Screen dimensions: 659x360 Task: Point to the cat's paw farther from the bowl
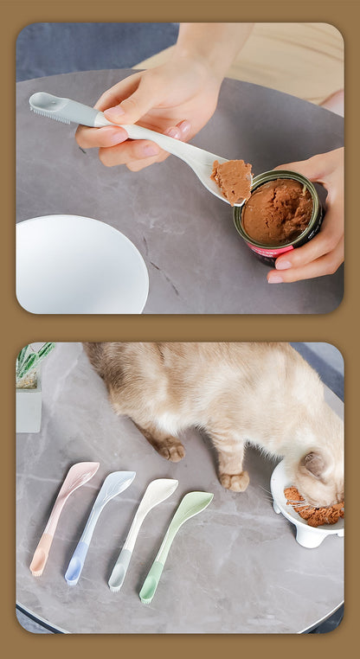pyautogui.click(x=170, y=450)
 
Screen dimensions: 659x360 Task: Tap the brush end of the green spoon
pyautogui.click(x=149, y=592)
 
